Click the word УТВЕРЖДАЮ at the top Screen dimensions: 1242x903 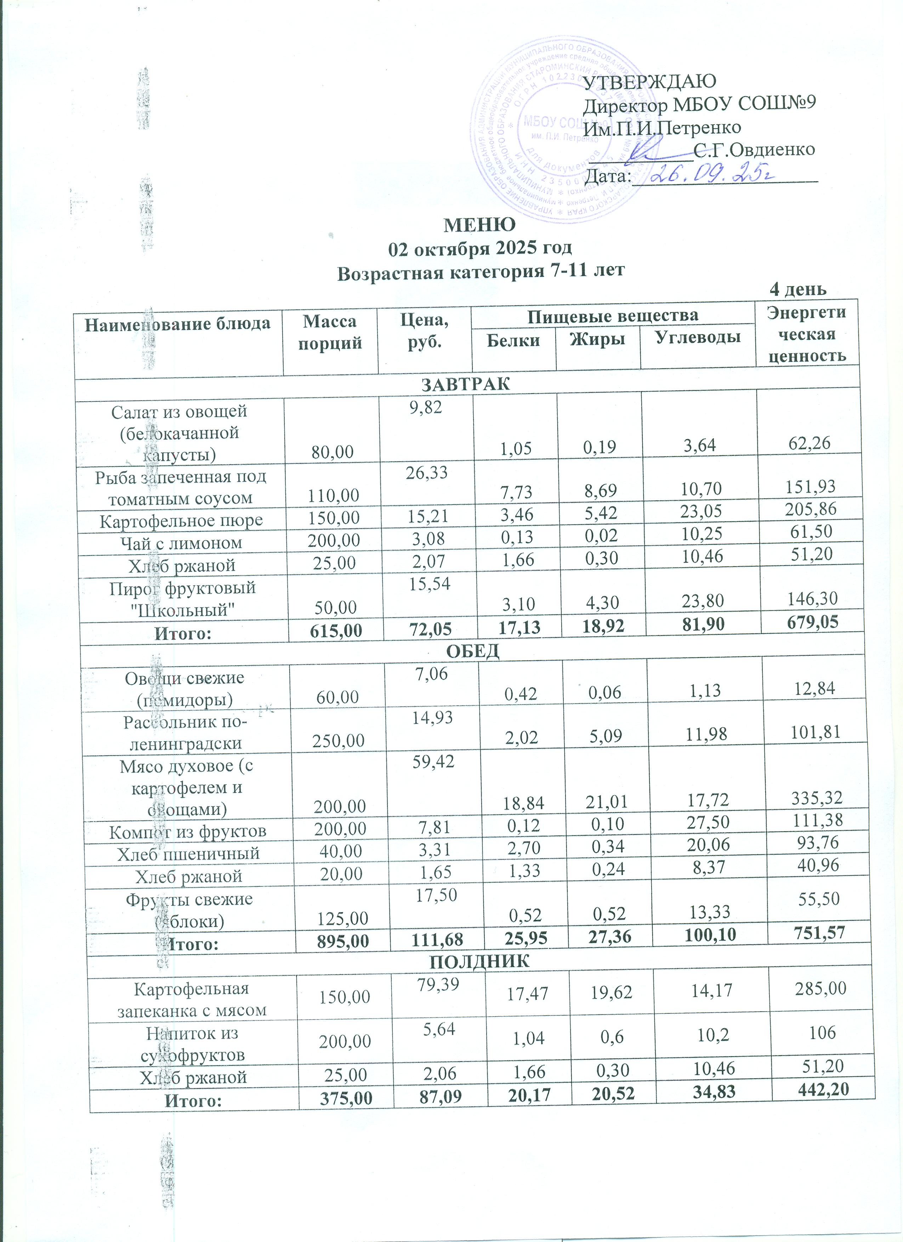click(x=650, y=82)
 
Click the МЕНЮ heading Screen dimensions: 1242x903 click(x=479, y=225)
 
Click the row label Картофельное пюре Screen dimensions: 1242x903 click(x=181, y=520)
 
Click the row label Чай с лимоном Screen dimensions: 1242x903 click(x=181, y=543)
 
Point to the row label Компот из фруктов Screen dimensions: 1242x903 click(x=187, y=832)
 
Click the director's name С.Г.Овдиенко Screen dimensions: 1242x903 click(x=754, y=149)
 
